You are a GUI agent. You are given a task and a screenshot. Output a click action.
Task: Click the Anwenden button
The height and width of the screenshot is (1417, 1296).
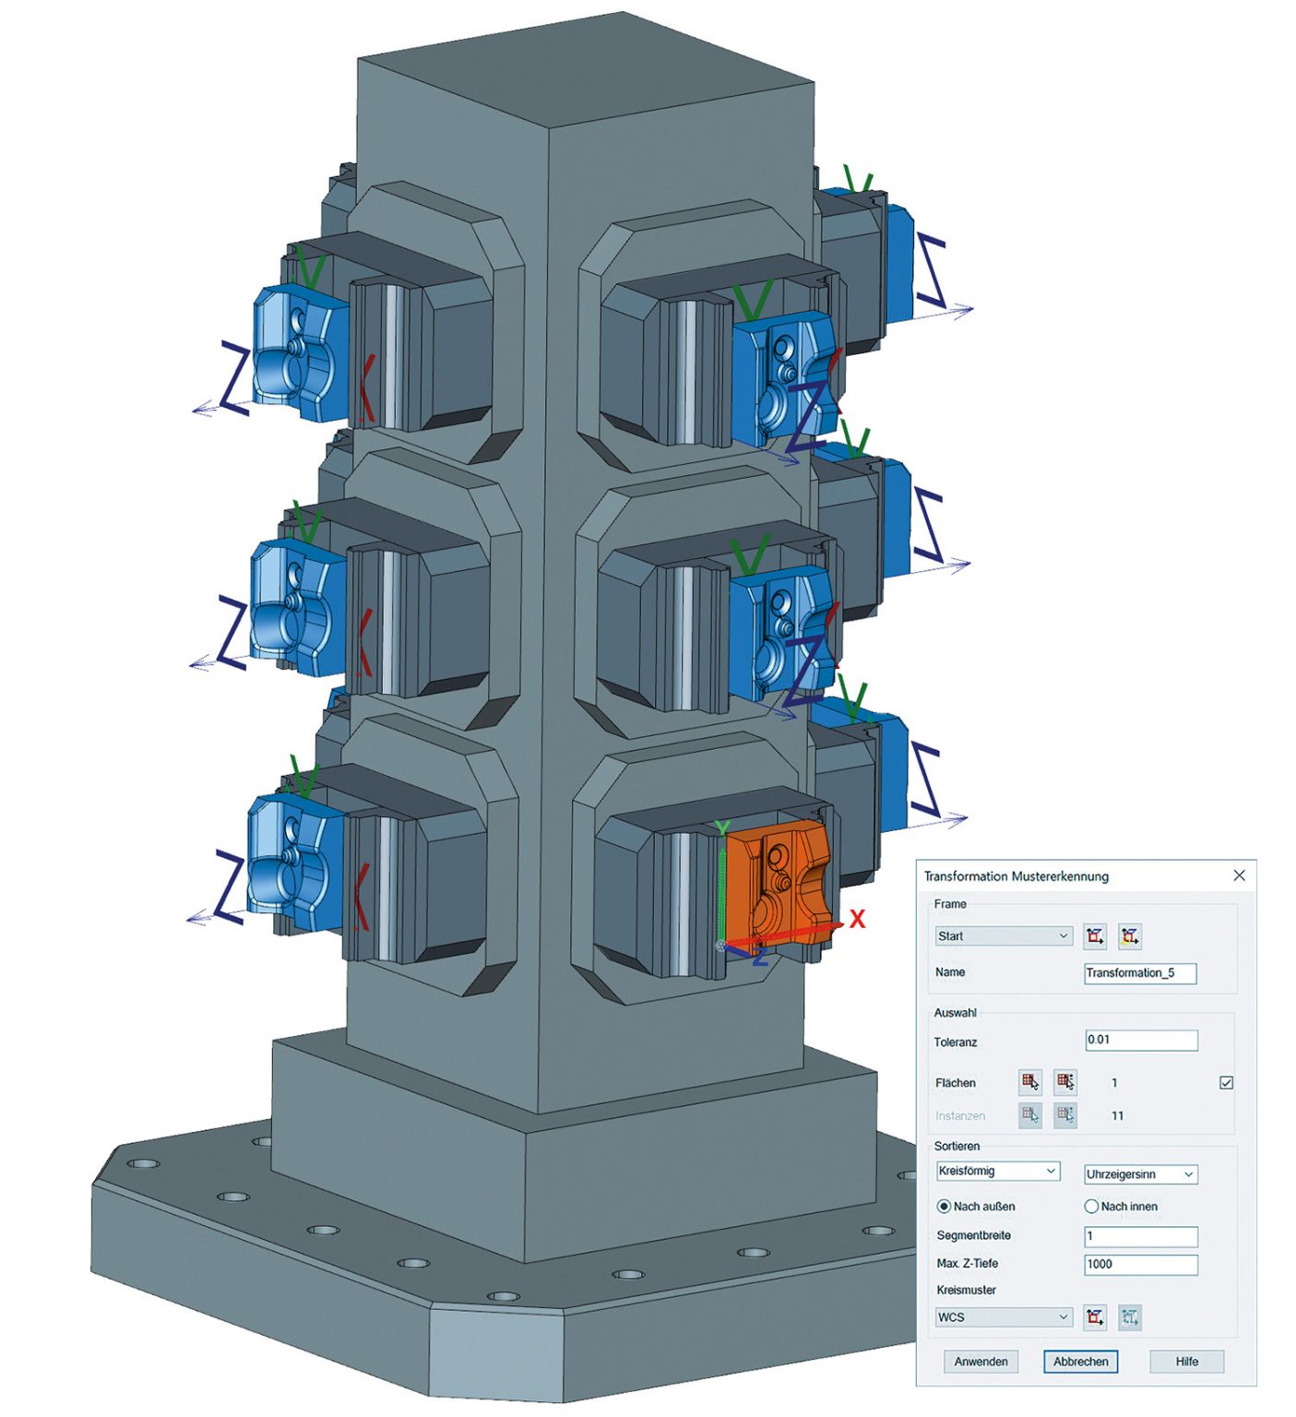point(981,1362)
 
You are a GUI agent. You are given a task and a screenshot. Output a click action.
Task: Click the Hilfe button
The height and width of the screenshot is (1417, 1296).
point(1186,1362)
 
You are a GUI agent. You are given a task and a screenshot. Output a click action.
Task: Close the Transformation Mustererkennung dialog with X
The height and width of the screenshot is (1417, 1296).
point(1239,875)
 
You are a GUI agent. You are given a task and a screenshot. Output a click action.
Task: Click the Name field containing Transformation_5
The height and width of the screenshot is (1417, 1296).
point(1140,972)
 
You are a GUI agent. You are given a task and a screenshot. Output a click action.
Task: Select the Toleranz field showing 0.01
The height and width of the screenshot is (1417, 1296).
point(1141,1041)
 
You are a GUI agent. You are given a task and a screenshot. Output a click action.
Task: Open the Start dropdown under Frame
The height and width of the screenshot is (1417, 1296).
point(1004,935)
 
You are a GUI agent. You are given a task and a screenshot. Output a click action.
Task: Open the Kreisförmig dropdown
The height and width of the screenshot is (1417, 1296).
point(997,1172)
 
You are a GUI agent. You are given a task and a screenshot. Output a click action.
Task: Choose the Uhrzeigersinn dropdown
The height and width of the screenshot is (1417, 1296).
point(1140,1174)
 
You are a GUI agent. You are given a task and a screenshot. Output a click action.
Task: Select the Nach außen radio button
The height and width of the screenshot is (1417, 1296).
point(944,1207)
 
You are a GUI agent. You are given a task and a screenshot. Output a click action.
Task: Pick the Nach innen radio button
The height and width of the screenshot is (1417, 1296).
point(1091,1207)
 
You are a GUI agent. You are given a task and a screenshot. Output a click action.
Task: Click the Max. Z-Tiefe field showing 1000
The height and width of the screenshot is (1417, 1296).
point(1140,1265)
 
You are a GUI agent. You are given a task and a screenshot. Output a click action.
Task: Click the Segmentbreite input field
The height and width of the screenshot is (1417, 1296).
point(1140,1236)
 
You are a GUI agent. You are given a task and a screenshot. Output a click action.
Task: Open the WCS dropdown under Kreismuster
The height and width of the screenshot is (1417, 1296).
point(1004,1317)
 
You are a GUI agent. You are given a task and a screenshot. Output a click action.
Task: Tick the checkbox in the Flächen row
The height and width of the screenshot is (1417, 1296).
point(1226,1083)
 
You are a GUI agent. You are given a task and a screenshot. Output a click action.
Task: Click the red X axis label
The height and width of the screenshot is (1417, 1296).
point(858,919)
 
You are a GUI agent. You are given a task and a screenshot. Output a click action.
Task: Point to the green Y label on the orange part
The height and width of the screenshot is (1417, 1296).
point(723,828)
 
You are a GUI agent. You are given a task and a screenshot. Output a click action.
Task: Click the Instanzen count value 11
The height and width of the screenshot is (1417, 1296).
point(1117,1116)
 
